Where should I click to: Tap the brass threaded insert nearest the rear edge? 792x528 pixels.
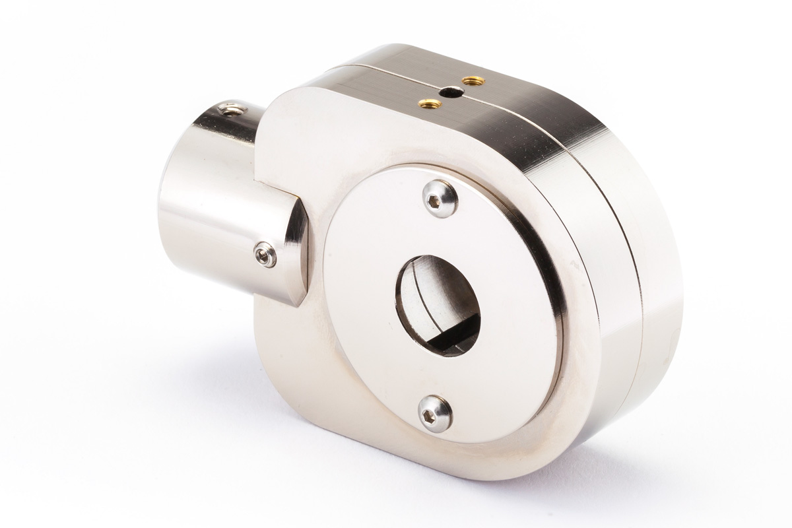point(473,81)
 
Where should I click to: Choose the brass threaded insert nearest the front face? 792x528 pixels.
point(427,103)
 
